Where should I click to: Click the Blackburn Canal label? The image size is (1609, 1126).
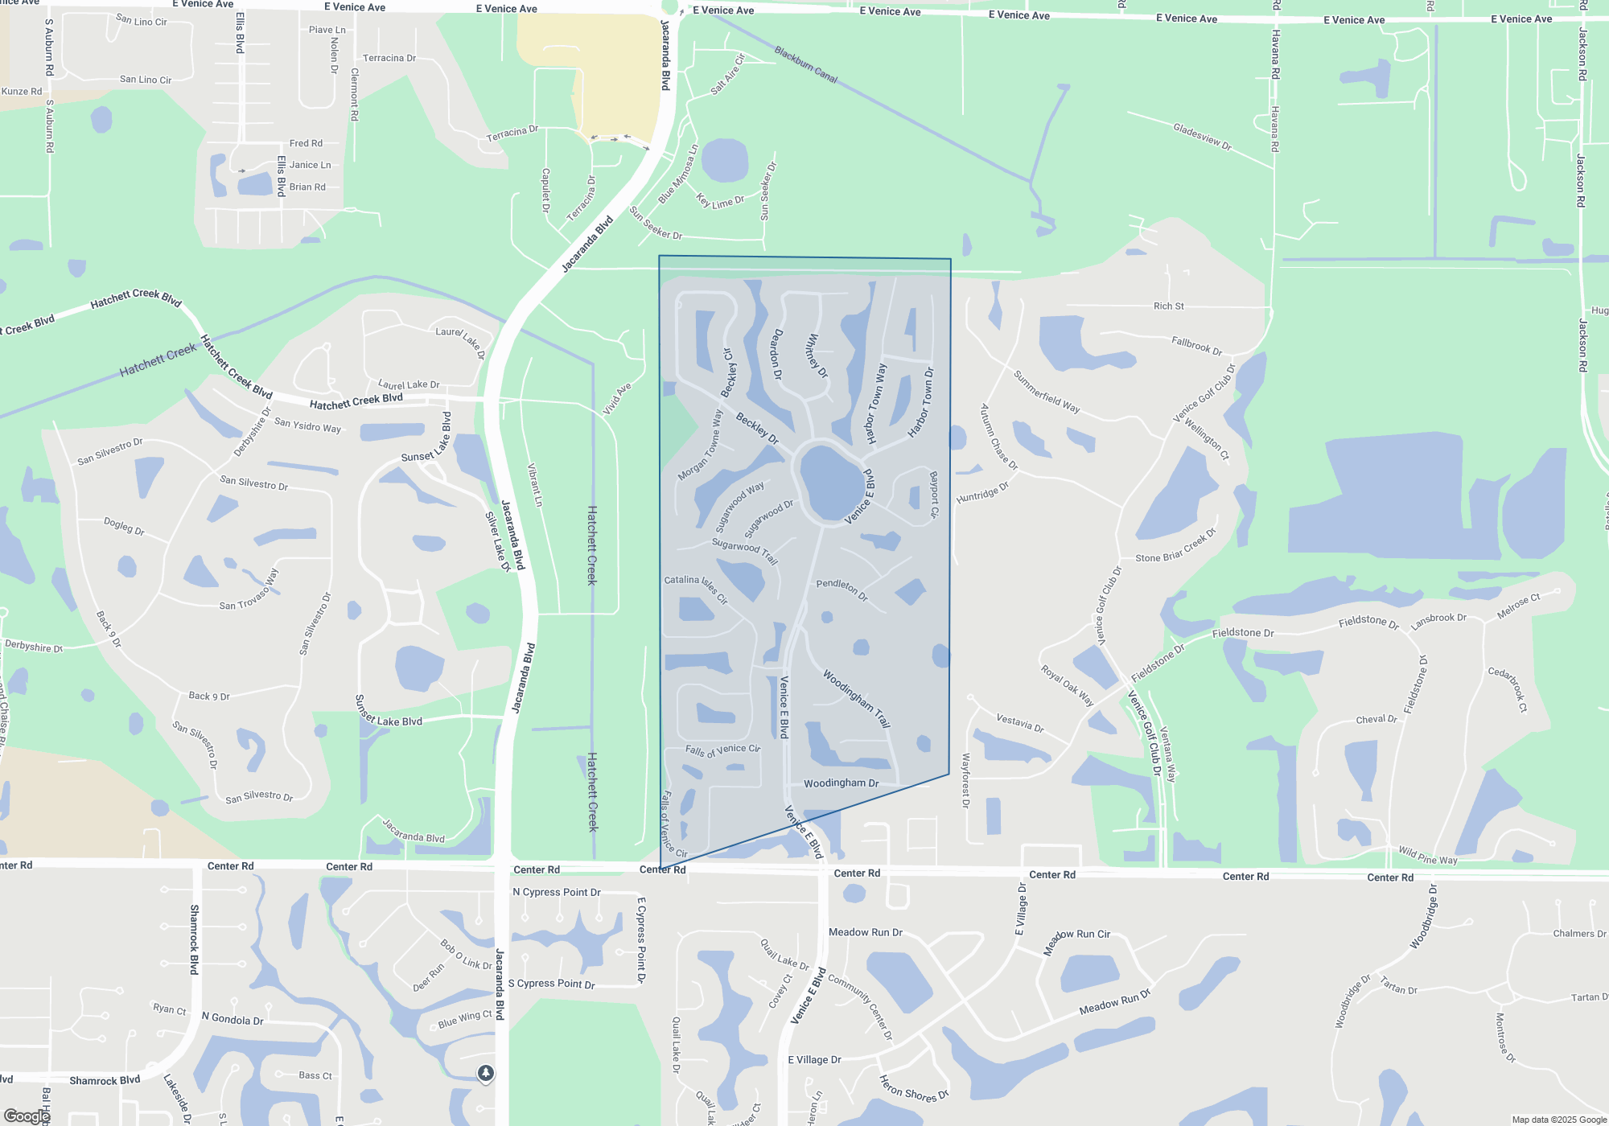point(806,64)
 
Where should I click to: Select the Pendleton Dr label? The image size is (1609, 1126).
point(842,590)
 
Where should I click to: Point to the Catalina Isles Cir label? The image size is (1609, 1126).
point(696,589)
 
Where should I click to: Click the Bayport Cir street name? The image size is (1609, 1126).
point(934,494)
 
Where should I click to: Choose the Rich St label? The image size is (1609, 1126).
point(1168,306)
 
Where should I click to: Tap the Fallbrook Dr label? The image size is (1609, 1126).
point(1196,346)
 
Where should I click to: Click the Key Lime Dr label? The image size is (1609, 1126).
point(720,201)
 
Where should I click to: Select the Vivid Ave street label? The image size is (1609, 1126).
point(617,399)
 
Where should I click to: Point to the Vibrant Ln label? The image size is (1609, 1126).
point(535,484)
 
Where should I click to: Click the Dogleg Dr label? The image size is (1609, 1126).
point(124,526)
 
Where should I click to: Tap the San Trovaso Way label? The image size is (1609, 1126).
point(249,594)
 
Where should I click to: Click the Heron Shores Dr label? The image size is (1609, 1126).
point(913,1089)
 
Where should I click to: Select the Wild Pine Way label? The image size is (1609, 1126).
point(1427,855)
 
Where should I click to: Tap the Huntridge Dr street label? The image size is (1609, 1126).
point(982,493)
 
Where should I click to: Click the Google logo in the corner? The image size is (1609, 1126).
point(27,1116)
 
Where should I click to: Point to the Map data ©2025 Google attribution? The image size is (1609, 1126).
point(1558,1120)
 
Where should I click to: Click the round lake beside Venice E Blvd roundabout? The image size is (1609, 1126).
point(832,482)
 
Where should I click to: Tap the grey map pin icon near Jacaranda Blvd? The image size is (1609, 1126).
point(485,1073)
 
